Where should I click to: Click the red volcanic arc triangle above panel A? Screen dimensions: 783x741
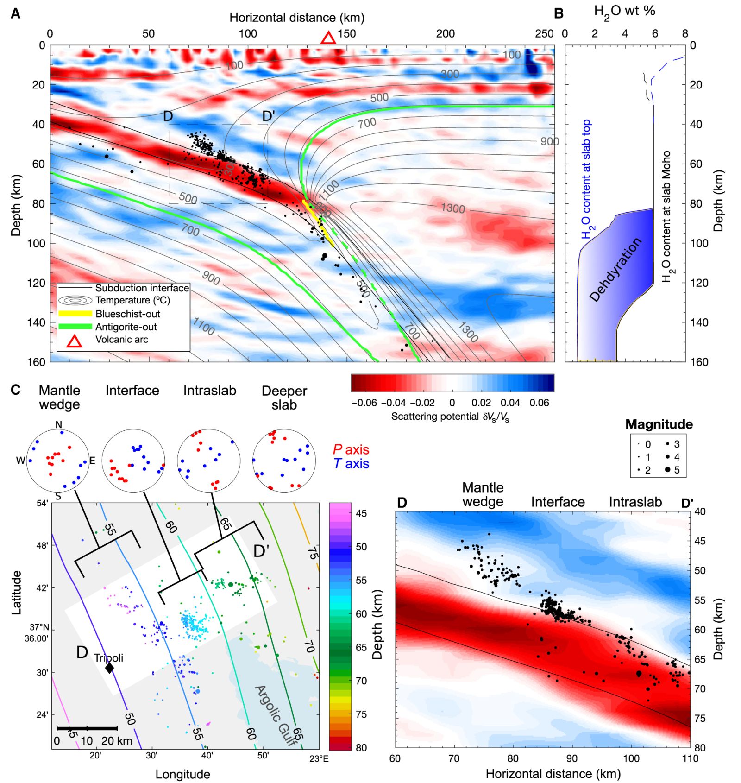click(328, 38)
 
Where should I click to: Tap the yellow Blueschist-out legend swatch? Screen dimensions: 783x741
click(75, 314)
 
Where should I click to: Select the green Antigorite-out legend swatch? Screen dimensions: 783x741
click(75, 327)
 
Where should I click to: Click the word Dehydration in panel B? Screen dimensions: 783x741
click(616, 270)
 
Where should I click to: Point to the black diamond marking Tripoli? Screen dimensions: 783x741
click(109, 668)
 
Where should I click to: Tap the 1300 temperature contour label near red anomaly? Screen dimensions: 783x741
click(452, 208)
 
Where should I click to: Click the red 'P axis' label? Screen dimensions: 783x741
click(351, 449)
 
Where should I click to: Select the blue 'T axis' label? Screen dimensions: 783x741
click(351, 463)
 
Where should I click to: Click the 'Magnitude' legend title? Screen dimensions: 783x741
click(659, 424)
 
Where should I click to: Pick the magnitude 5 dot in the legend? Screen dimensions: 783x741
click(667, 470)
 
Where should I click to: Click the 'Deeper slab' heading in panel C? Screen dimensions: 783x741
click(284, 398)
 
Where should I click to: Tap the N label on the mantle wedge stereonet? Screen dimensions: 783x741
click(58, 425)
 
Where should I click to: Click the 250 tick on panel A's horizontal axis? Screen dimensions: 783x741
click(544, 34)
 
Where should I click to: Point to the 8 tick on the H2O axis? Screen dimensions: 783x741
click(685, 34)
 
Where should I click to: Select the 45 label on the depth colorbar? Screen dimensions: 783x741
click(361, 513)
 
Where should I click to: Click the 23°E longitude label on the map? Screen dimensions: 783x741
click(319, 758)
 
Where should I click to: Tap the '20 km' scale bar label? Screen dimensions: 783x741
click(117, 741)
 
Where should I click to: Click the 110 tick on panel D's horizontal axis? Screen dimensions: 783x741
click(690, 758)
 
